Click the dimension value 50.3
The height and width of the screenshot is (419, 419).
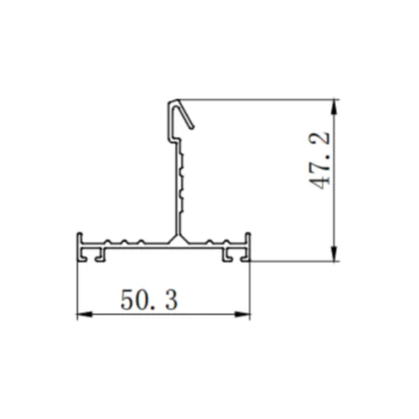point(149,299)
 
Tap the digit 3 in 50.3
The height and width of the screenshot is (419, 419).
point(170,299)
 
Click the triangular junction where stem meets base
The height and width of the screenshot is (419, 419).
point(176,241)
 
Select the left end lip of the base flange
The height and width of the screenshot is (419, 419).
point(79,246)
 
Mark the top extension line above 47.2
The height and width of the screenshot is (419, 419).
point(268,100)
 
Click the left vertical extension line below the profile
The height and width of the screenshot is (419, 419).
point(77,289)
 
